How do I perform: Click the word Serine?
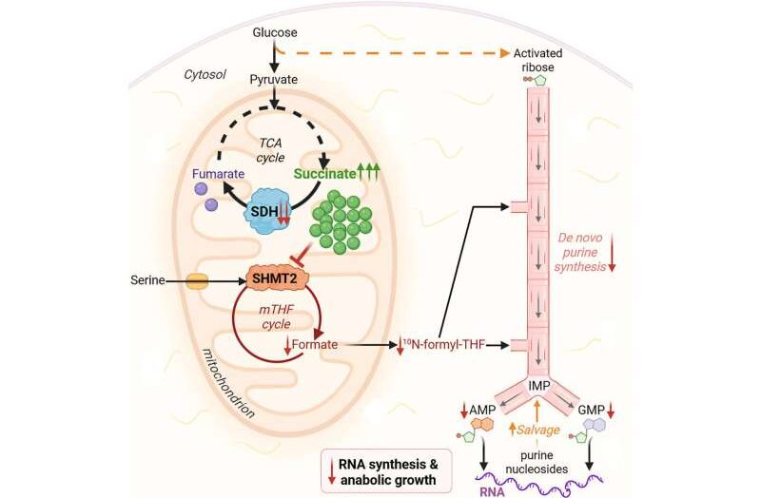150,282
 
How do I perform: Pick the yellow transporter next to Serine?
197,282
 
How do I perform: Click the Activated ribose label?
539,59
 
